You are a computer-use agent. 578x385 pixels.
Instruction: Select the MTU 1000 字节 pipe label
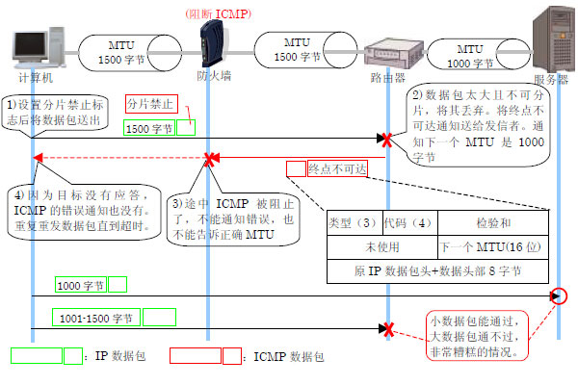(469, 54)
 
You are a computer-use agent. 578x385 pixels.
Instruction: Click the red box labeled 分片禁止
(150, 102)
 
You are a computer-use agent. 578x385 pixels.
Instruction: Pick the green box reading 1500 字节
(149, 126)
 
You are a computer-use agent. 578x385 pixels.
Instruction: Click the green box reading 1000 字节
(80, 284)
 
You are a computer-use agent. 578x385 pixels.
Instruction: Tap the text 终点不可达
(338, 168)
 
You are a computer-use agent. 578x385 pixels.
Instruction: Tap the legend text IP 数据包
(119, 356)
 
